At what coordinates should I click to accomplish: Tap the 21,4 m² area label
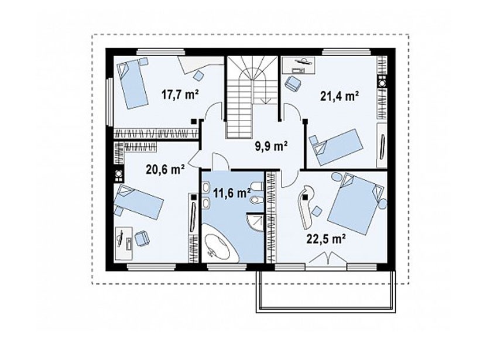click(339, 97)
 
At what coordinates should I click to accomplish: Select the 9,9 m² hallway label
click(271, 146)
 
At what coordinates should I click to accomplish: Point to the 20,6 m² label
click(165, 169)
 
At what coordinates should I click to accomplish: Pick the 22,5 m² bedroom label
click(326, 239)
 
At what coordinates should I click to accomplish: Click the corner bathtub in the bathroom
click(219, 244)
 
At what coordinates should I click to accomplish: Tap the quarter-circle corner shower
click(255, 222)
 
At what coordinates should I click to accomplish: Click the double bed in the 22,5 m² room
click(355, 204)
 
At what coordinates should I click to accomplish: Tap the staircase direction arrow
click(265, 100)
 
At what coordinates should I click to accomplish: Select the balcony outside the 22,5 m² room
click(325, 291)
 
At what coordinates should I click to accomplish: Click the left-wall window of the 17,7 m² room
click(109, 102)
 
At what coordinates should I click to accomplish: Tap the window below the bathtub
click(227, 268)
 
